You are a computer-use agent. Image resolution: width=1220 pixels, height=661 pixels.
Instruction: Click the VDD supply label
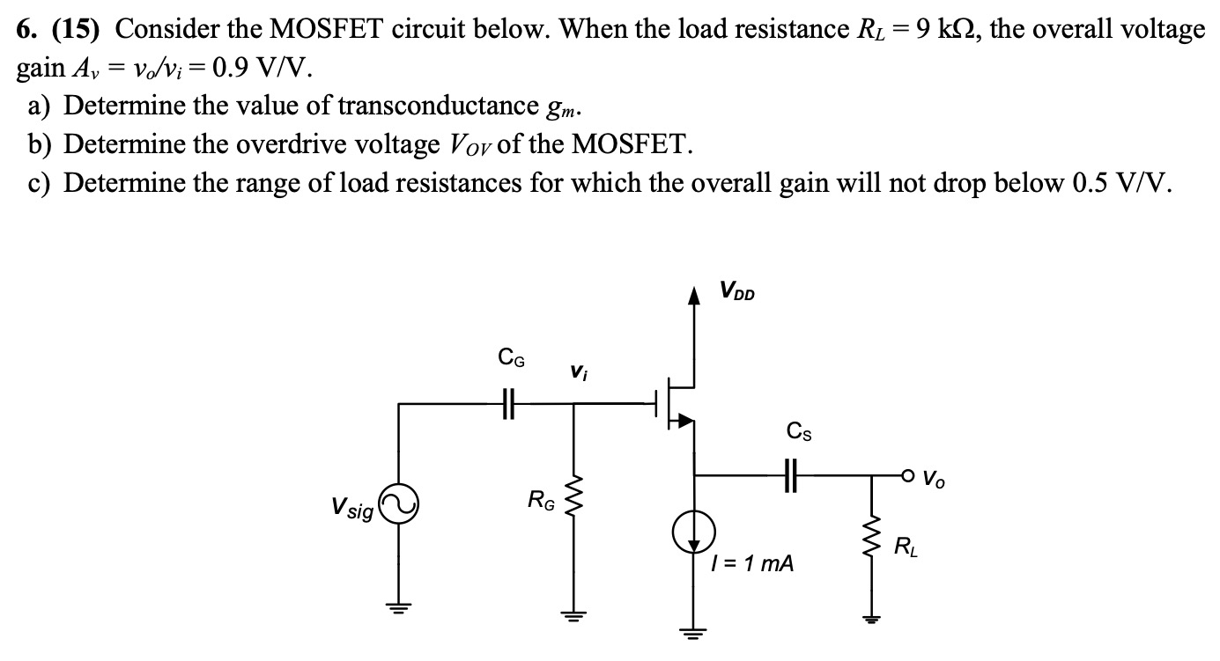736,290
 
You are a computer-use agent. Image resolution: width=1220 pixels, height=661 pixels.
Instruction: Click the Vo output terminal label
936,480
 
